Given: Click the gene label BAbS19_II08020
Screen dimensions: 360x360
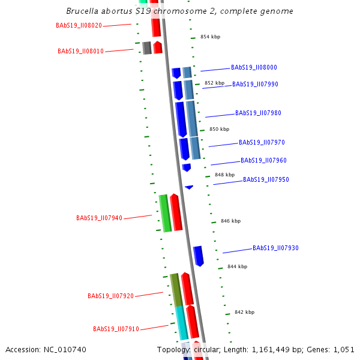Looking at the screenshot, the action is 79,26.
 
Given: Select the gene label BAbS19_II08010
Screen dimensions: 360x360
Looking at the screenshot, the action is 80,52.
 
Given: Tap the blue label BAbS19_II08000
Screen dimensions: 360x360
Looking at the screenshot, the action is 254,68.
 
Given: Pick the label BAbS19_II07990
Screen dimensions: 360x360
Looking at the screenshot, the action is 255,85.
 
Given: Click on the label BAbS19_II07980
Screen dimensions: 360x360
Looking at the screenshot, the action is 258,113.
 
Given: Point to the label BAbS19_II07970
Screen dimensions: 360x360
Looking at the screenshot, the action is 262,143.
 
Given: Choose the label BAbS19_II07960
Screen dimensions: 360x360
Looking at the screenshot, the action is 263,161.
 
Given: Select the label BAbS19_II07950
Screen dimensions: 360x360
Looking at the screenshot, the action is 266,180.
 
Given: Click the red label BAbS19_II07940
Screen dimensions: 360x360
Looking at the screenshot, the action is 99,218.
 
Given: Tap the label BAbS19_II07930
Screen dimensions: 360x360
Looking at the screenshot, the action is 275,248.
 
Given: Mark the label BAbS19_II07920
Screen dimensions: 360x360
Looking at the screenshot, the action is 110,296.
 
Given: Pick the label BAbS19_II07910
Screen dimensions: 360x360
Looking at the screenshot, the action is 116,329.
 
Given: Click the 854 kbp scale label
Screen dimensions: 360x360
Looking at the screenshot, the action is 210,37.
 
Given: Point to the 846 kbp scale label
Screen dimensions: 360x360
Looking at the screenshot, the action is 230,221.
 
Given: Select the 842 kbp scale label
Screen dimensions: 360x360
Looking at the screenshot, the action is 244,313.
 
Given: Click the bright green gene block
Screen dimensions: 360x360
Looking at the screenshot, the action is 164,213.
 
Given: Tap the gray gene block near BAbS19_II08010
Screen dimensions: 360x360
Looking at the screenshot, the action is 146,48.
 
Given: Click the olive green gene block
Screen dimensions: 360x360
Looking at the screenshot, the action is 176,290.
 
